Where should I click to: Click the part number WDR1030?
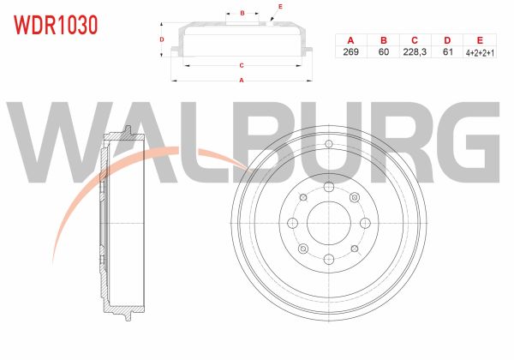[56, 25]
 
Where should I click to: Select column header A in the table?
[350, 40]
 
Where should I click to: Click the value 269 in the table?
[350, 51]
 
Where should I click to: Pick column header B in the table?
[384, 40]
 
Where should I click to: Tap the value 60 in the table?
[384, 51]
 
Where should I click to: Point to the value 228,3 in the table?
[415, 51]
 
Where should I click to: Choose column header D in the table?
[447, 40]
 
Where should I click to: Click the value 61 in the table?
[448, 51]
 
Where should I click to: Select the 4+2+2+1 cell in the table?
[480, 52]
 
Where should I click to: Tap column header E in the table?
[480, 40]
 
